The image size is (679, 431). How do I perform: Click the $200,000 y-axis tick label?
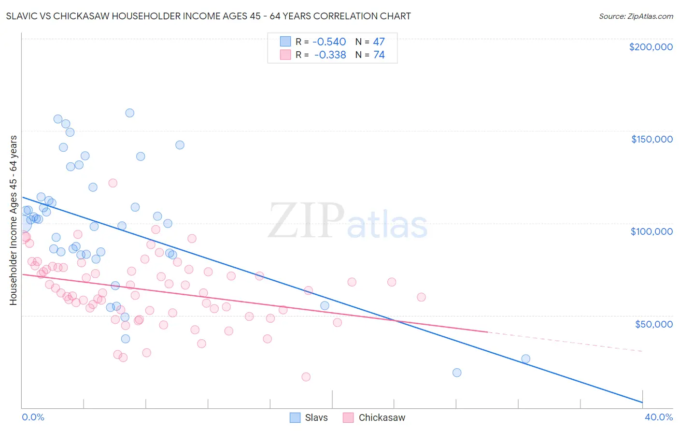click(651, 47)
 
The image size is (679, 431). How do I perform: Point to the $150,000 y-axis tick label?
click(651, 139)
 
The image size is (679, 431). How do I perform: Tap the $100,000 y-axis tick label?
click(651, 231)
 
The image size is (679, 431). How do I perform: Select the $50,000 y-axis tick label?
click(653, 324)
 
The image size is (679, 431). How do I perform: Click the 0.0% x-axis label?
click(33, 417)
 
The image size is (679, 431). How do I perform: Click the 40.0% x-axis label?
click(659, 417)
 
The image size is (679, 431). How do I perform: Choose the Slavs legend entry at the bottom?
click(309, 417)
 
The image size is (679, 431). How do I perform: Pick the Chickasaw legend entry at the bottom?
click(374, 417)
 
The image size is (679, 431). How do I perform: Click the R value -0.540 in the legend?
click(329, 42)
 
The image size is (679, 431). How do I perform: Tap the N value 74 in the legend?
click(379, 55)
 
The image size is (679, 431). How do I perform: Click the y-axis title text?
click(13, 220)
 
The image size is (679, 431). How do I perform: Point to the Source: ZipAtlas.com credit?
click(636, 16)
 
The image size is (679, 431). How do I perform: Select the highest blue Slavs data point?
click(129, 113)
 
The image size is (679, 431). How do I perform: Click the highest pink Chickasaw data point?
click(113, 183)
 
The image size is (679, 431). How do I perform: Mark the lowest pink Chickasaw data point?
click(306, 377)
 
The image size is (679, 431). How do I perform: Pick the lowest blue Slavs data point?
click(457, 373)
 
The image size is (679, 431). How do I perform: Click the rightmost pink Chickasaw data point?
click(421, 297)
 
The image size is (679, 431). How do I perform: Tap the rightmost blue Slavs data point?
click(525, 359)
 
